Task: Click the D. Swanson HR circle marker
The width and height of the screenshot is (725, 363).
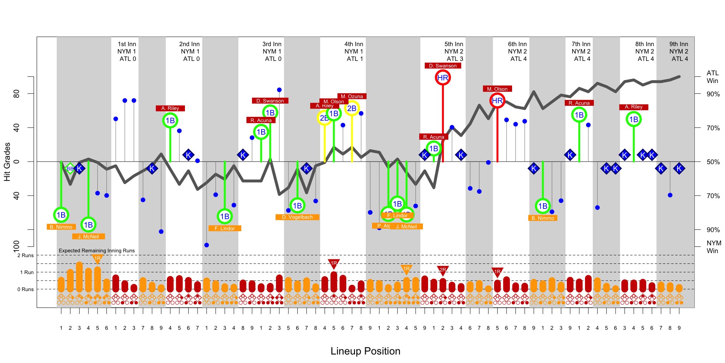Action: coord(442,78)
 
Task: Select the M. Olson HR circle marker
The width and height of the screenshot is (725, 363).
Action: coord(497,101)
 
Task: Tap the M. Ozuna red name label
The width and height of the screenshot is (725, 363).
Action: coord(351,96)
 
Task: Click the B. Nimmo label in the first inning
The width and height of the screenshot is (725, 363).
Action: coord(61,227)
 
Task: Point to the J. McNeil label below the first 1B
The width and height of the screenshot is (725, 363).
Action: coord(88,236)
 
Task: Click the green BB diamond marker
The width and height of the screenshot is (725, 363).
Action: coord(70,169)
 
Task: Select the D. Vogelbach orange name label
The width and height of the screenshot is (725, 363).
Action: coord(297,217)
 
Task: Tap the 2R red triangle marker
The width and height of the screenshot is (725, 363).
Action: coord(442,270)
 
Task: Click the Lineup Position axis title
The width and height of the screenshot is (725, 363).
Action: coord(365,351)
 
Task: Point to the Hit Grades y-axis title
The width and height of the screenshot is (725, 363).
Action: coord(7,162)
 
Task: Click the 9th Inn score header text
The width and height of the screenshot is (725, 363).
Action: coord(679,51)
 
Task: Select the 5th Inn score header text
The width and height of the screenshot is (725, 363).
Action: coord(453,51)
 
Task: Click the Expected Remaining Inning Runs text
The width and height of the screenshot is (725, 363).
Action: coord(97,250)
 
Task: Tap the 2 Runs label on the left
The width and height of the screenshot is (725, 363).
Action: coord(25,255)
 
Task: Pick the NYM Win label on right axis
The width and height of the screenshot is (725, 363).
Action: coord(714,247)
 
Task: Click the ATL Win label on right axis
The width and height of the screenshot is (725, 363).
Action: coord(712,77)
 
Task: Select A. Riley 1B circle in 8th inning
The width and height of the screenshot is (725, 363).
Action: coord(633,120)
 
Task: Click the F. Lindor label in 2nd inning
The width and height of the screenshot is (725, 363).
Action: coord(225,228)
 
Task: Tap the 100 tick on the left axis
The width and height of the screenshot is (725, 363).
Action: coord(16,246)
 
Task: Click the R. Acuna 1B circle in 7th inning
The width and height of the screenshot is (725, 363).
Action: coord(579,115)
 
